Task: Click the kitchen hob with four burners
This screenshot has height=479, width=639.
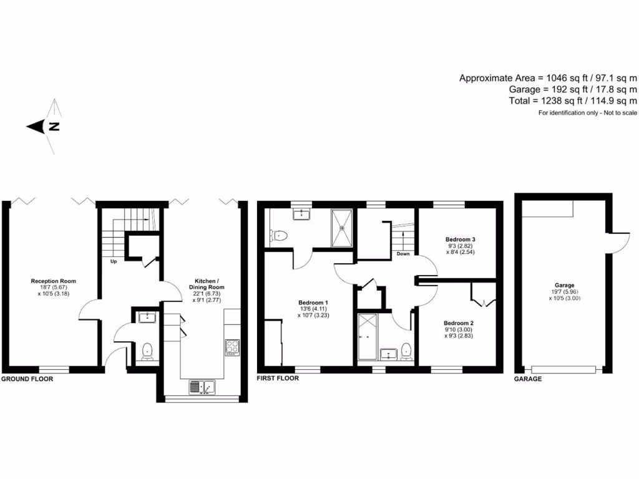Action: pyautogui.click(x=232, y=346)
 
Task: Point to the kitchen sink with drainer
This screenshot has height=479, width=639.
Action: pyautogui.click(x=201, y=387)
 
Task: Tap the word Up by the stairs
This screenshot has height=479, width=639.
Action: pyautogui.click(x=114, y=261)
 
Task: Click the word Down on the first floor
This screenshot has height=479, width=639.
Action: pyautogui.click(x=403, y=254)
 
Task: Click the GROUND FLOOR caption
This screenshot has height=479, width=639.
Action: pyautogui.click(x=27, y=379)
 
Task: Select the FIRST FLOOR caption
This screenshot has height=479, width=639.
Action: pyautogui.click(x=278, y=379)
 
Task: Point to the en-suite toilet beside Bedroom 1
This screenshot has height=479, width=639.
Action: pyautogui.click(x=279, y=236)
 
